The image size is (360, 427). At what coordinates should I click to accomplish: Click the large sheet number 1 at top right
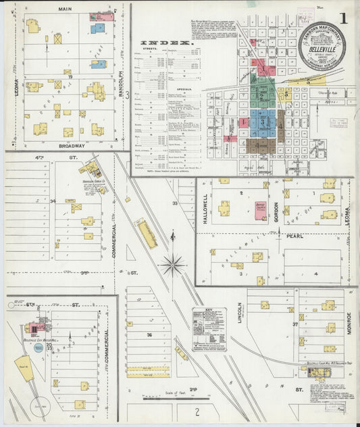(344, 18)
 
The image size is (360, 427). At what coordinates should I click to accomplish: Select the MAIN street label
(65, 9)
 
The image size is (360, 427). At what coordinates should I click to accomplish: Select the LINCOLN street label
(239, 313)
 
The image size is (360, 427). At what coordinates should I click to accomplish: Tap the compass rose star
(174, 264)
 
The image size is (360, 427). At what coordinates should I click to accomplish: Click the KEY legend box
(209, 329)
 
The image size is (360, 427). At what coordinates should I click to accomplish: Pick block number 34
(52, 201)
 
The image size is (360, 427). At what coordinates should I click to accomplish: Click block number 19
(70, 78)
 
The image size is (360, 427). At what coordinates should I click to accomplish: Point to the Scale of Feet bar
(164, 399)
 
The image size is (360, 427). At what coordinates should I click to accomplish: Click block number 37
(295, 324)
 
